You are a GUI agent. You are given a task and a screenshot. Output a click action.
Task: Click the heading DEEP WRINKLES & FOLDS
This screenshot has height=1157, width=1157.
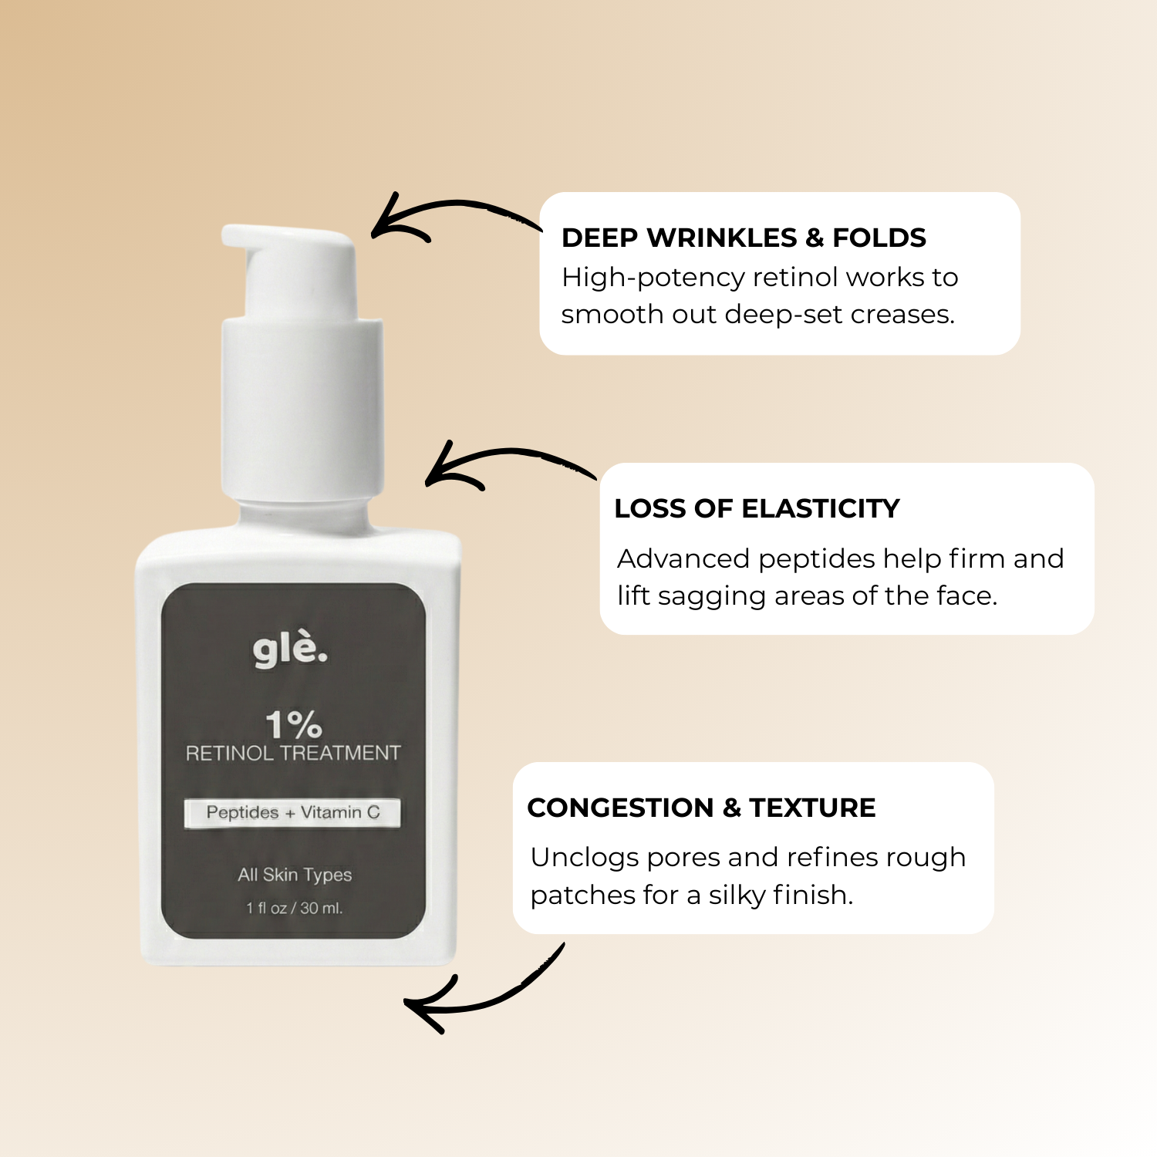(744, 238)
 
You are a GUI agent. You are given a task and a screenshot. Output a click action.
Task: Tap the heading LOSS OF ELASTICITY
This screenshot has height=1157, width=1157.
(757, 508)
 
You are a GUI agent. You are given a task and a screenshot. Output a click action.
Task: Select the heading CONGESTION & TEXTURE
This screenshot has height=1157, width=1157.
(701, 808)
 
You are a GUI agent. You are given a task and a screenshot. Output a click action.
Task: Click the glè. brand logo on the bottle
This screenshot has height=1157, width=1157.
(290, 649)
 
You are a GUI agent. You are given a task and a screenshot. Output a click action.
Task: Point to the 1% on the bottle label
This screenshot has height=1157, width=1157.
(293, 724)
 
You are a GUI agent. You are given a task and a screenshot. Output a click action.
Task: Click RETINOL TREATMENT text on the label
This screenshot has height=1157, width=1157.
(293, 753)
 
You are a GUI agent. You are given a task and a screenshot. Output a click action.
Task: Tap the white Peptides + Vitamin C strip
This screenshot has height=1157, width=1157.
(292, 812)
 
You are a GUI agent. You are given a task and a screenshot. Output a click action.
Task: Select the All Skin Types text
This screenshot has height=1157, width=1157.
(295, 875)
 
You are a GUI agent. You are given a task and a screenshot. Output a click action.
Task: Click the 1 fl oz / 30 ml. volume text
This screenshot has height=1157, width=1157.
(295, 908)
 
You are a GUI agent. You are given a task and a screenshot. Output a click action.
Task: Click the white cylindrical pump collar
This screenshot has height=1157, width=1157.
(302, 409)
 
